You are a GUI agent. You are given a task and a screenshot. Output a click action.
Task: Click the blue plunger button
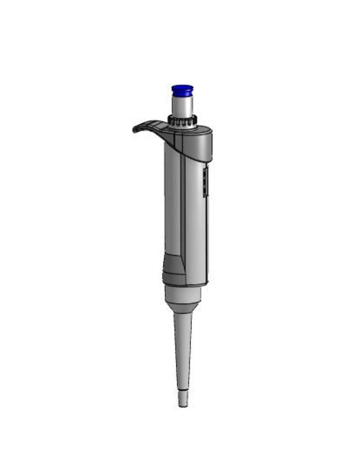point(182,90)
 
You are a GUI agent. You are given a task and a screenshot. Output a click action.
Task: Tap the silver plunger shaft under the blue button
point(182,105)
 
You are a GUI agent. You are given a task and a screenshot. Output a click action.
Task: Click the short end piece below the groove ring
point(183,399)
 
